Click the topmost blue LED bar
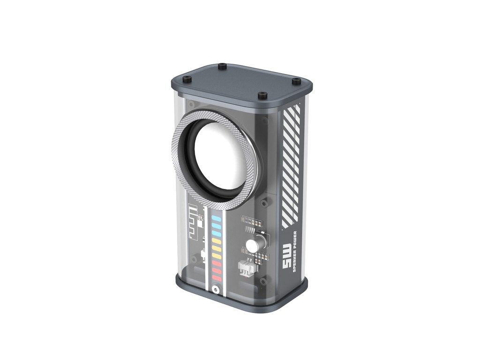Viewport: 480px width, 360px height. coord(217,218)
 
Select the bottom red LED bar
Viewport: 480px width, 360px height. coord(217,278)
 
